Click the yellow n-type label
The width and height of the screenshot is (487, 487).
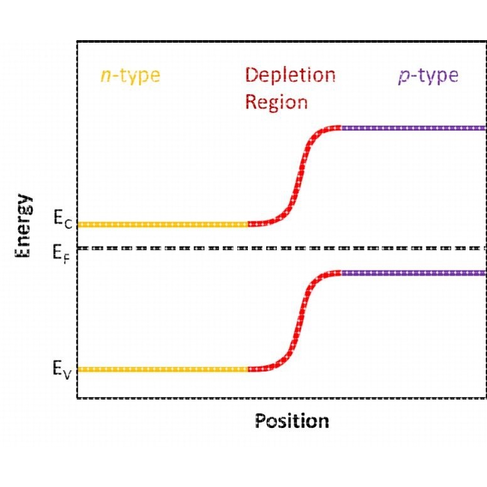[131, 76]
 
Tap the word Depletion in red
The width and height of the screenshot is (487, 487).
[291, 75]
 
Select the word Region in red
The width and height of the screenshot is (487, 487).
[276, 102]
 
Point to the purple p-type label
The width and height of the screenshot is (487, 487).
[428, 76]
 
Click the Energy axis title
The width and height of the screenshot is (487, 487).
[23, 225]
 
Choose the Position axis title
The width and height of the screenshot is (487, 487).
[292, 421]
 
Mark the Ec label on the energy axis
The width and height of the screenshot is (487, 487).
[63, 219]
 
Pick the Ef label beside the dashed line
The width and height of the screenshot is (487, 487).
[61, 254]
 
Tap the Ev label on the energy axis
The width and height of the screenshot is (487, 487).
[62, 370]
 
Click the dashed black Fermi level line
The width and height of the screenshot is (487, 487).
[281, 248]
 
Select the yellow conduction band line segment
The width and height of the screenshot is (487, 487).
[163, 224]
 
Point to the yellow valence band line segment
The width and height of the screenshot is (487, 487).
[163, 369]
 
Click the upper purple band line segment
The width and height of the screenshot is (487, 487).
[414, 128]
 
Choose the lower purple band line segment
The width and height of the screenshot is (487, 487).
[414, 273]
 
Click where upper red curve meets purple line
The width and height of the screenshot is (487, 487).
[341, 128]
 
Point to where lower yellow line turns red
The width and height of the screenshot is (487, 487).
[248, 369]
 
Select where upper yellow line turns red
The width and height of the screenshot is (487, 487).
[248, 224]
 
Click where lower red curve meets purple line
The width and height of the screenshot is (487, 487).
[341, 273]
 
